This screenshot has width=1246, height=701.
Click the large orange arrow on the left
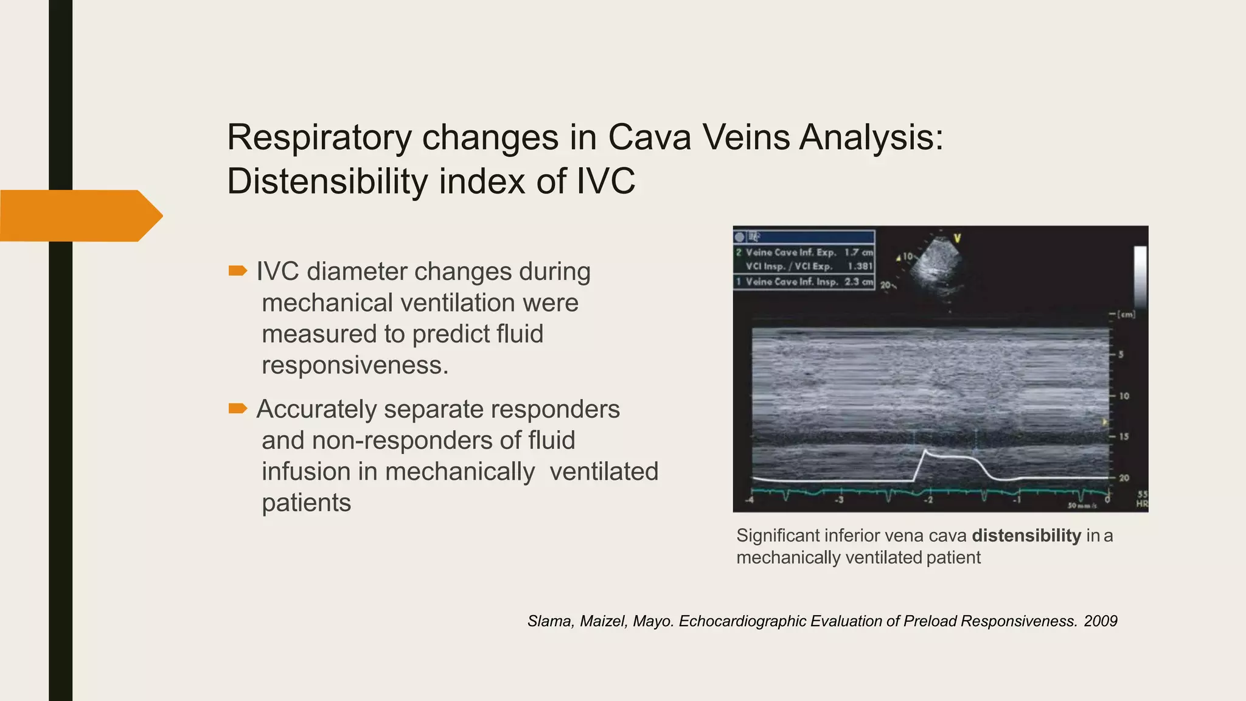point(79,215)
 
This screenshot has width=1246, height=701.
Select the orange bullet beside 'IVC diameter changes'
point(237,270)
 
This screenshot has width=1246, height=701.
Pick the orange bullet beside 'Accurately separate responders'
point(237,408)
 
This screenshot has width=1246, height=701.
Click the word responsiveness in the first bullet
point(354,365)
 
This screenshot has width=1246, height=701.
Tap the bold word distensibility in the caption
point(1026,535)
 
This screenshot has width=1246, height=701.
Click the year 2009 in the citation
point(1100,621)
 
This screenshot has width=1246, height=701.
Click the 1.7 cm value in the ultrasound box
point(858,252)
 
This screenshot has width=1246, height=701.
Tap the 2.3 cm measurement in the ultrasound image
point(858,282)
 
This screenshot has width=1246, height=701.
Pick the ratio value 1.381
point(860,267)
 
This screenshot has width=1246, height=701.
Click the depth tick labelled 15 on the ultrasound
point(1123,436)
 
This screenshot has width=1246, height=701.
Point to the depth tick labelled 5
point(1121,354)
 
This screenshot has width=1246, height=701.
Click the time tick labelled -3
point(839,500)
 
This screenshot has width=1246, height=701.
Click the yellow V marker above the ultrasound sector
point(956,238)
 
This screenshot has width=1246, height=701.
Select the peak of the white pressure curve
point(925,451)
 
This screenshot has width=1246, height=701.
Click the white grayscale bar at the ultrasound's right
point(1140,277)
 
